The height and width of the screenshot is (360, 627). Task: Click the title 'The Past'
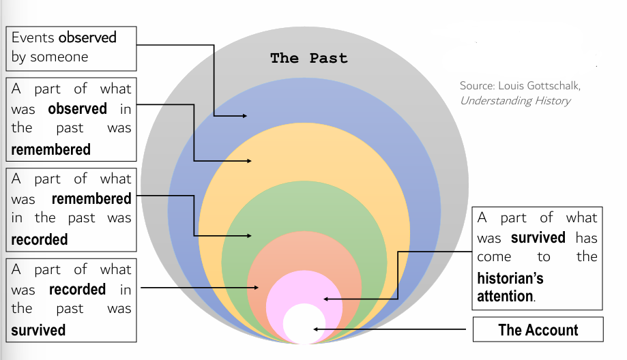[308, 58]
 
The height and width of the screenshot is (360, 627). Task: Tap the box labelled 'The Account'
[538, 330]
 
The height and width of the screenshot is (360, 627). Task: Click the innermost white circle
[304, 324]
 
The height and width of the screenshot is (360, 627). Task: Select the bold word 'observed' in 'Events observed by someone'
[87, 37]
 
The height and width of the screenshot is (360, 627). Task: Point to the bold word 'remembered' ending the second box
[50, 149]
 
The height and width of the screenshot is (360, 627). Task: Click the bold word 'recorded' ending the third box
[40, 239]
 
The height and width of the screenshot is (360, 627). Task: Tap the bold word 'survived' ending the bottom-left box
[38, 330]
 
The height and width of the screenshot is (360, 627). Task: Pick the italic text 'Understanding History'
[515, 101]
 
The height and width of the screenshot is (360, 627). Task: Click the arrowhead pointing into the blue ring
[244, 116]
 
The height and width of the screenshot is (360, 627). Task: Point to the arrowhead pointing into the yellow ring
[248, 161]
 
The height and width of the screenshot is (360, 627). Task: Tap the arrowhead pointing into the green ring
[248, 236]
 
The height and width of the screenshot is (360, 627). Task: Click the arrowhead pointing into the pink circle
[327, 299]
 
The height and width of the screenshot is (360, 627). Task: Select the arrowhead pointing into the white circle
[316, 330]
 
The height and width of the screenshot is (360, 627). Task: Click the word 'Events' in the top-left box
[33, 37]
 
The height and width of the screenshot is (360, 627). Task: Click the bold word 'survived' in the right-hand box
[538, 237]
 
